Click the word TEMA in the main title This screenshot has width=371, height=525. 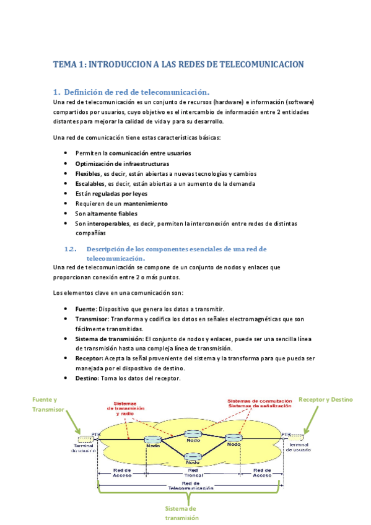pyautogui.click(x=63, y=64)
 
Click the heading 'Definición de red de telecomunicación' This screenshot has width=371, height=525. pyautogui.click(x=137, y=92)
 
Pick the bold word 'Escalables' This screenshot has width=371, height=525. pyautogui.click(x=90, y=183)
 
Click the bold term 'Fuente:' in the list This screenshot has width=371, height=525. pyautogui.click(x=85, y=308)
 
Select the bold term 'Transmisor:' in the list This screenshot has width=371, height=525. pyautogui.click(x=92, y=318)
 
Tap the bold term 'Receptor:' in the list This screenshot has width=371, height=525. pyautogui.click(x=89, y=358)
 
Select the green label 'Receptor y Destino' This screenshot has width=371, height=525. pyautogui.click(x=326, y=399)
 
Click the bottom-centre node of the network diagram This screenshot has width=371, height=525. pyautogui.click(x=192, y=458)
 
